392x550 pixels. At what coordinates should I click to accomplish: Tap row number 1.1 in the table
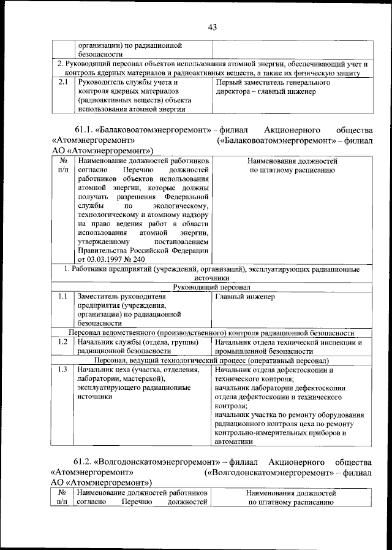pos(62,297)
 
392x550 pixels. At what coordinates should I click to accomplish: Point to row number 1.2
pos(62,342)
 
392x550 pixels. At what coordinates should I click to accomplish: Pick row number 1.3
pos(62,370)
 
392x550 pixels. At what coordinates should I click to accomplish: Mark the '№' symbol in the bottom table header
pos(62,492)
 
